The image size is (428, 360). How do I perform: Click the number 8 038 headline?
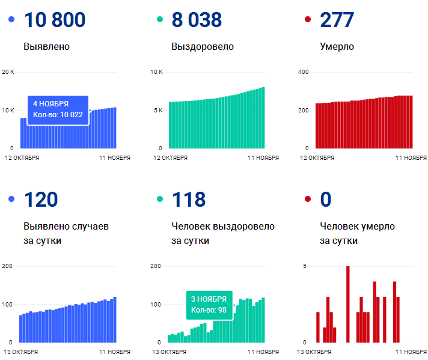click(197, 19)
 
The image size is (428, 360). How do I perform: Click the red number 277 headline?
click(337, 19)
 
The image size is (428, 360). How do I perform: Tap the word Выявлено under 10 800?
click(47, 46)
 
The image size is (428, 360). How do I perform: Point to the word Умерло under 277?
click(337, 46)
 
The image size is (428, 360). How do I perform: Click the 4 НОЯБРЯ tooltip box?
click(58, 110)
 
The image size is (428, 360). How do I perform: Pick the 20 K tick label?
click(8, 72)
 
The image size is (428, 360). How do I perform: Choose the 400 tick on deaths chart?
click(304, 72)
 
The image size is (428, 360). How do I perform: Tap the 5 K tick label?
click(157, 110)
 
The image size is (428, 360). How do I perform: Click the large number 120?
click(41, 200)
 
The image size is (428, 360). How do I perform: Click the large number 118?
click(189, 200)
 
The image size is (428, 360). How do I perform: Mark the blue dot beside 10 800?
click(11, 20)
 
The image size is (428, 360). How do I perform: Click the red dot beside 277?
click(308, 20)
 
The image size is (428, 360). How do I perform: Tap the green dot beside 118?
click(160, 200)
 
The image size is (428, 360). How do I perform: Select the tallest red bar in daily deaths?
click(347, 304)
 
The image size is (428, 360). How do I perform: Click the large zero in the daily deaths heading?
click(326, 200)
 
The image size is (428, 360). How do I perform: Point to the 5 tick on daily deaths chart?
click(305, 266)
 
